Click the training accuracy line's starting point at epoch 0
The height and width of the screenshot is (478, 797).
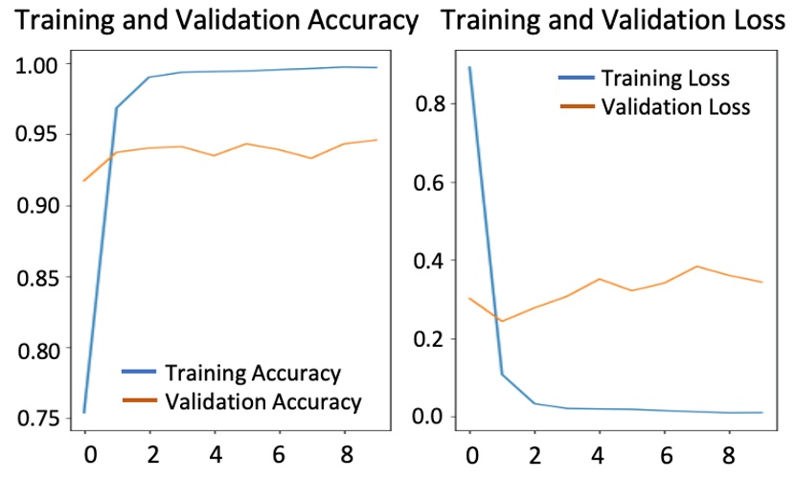tap(84, 412)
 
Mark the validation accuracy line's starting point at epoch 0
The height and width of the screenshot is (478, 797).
tap(84, 180)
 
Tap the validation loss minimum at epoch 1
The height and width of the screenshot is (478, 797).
tap(502, 321)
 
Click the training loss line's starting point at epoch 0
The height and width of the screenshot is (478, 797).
tap(469, 67)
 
